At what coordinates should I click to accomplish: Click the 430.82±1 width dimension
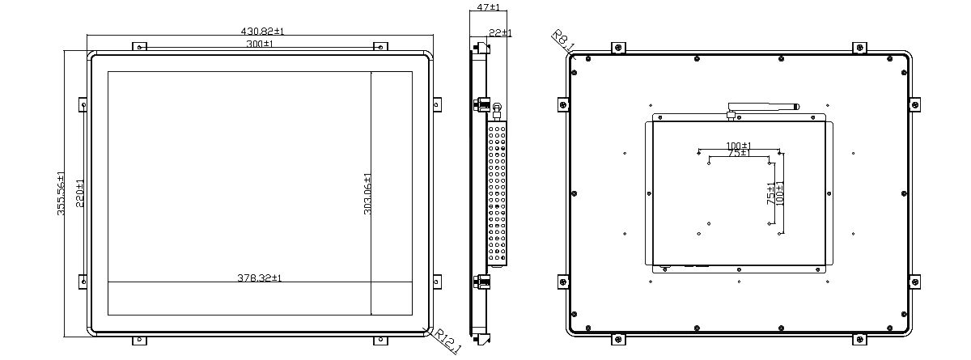(262, 32)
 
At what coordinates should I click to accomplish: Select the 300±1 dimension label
(260, 44)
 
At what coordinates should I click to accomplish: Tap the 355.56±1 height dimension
(61, 193)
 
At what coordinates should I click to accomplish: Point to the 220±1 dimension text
(80, 193)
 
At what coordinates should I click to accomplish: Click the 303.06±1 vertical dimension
(367, 194)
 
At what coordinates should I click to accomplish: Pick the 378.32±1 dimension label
(259, 277)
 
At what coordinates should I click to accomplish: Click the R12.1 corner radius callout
(447, 341)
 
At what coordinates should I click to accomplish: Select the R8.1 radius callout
(563, 40)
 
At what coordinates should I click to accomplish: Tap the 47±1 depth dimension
(488, 7)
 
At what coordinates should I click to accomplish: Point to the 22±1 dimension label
(500, 33)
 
